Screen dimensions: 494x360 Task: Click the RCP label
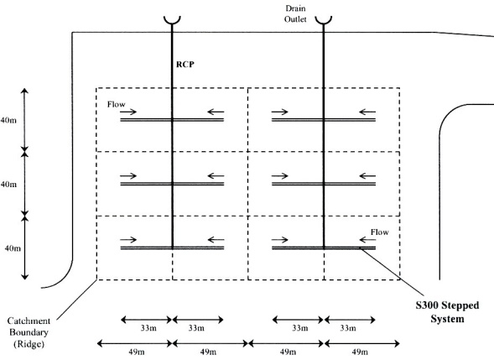click(185, 65)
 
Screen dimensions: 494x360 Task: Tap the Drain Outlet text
click(295, 13)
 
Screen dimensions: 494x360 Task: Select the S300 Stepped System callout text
click(447, 312)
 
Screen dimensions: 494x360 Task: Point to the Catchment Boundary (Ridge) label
click(29, 332)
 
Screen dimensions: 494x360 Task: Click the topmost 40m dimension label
click(8, 120)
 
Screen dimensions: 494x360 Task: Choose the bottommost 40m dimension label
click(13, 248)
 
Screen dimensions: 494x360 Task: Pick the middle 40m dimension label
click(8, 184)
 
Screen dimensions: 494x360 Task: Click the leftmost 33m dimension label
click(148, 328)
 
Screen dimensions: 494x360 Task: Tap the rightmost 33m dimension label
click(348, 328)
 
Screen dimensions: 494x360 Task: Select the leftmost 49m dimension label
click(137, 352)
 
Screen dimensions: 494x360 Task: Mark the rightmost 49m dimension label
click(360, 352)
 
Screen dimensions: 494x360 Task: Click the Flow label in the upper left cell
click(117, 104)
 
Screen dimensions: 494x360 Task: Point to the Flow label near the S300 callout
click(380, 232)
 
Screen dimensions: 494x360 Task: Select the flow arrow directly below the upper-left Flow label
click(128, 112)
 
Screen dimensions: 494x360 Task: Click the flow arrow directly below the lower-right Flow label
click(367, 240)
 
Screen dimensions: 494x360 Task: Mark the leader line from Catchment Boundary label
click(76, 300)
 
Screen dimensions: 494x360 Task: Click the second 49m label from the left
click(208, 352)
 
